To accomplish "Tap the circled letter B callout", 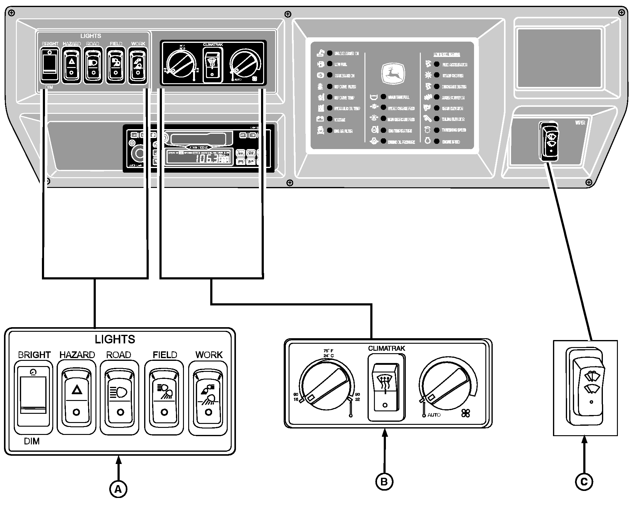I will (x=384, y=481).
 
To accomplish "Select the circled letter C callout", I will (x=584, y=482).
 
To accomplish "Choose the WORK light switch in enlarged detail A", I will (x=208, y=398).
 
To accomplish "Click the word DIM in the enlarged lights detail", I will (x=32, y=441).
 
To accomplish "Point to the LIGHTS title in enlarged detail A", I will (x=115, y=339).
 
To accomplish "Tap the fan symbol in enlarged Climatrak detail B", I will (x=465, y=414).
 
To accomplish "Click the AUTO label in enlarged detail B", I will (x=434, y=415).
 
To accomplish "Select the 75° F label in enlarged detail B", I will (x=328, y=351).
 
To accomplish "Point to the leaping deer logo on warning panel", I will (x=393, y=74).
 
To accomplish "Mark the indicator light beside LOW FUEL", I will (x=330, y=64).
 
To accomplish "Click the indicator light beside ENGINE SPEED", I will (x=437, y=141).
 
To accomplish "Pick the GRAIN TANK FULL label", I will (x=398, y=97).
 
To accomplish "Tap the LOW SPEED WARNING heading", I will (x=446, y=54).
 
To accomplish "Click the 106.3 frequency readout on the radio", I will (x=207, y=159).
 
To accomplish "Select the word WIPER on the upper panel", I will (x=580, y=123).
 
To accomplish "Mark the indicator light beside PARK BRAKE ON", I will (x=330, y=75).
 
